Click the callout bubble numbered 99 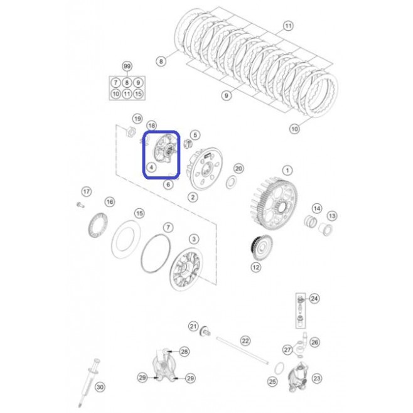pyautogui.click(x=127, y=66)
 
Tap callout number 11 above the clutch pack pyautogui.click(x=288, y=26)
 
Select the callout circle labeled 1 pyautogui.click(x=287, y=171)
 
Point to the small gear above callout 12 pyautogui.click(x=260, y=247)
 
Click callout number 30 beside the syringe pyautogui.click(x=100, y=387)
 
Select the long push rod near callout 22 pyautogui.click(x=242, y=351)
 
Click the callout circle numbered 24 pyautogui.click(x=314, y=298)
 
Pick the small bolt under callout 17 pyautogui.click(x=80, y=205)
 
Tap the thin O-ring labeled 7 pyautogui.click(x=156, y=254)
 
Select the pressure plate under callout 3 pyautogui.click(x=186, y=269)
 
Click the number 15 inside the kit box pyautogui.click(x=138, y=94)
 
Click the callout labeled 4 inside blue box pyautogui.click(x=151, y=167)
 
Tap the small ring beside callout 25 pyautogui.click(x=279, y=368)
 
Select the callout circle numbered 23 pyautogui.click(x=316, y=378)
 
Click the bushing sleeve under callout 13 pyautogui.click(x=326, y=229)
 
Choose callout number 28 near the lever pyautogui.click(x=184, y=351)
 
